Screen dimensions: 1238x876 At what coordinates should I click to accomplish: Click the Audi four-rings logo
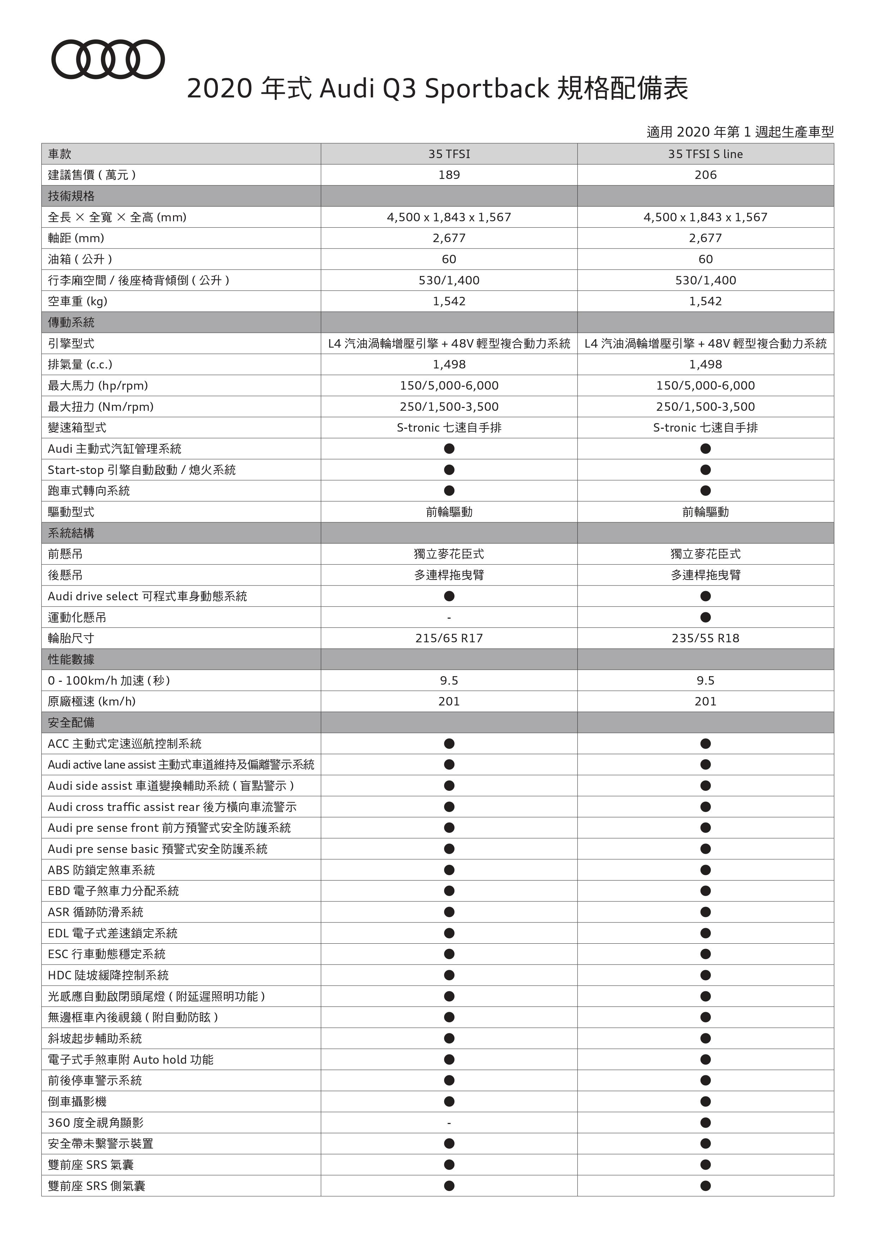[x=108, y=59]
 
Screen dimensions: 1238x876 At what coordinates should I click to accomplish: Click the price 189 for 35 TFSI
[x=449, y=175]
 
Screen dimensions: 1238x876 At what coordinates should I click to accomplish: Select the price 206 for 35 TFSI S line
[x=705, y=175]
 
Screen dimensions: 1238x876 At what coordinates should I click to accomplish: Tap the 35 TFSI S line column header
[x=705, y=154]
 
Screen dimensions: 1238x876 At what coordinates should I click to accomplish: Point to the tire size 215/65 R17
[x=449, y=638]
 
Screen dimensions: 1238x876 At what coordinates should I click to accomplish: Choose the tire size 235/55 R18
[x=705, y=638]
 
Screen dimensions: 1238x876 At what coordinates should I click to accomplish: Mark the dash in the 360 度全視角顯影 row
[x=449, y=1123]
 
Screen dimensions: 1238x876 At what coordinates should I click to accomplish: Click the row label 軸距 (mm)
[x=76, y=238]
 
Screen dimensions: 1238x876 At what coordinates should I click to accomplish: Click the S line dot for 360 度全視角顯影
[x=705, y=1123]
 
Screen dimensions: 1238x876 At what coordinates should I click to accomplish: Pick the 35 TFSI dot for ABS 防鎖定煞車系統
[x=449, y=870]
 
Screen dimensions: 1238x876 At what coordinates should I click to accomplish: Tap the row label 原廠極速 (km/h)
[x=92, y=702]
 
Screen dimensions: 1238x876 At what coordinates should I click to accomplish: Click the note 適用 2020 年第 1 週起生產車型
[x=740, y=132]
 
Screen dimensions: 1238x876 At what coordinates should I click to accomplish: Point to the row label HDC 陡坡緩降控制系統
[x=108, y=975]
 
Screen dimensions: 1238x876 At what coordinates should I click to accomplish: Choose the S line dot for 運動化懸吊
[x=705, y=617]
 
